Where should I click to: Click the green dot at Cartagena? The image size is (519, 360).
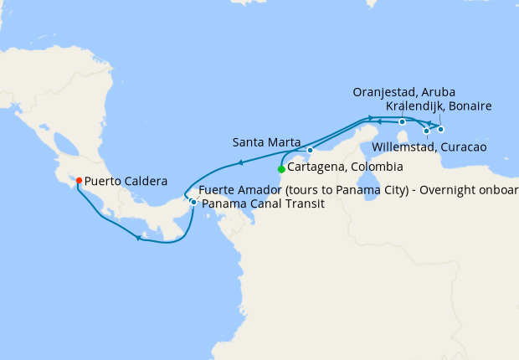281,169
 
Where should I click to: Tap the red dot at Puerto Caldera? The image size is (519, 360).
78,180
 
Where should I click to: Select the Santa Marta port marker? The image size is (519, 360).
310,151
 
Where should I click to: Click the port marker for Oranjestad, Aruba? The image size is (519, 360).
402,122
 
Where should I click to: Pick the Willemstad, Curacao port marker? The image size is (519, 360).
426,131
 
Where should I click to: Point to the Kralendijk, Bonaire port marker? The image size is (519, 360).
441,129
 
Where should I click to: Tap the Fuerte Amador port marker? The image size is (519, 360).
193,202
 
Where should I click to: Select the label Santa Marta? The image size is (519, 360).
266,142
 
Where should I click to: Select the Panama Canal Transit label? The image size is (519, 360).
262,203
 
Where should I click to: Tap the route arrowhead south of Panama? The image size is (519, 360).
139,239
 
